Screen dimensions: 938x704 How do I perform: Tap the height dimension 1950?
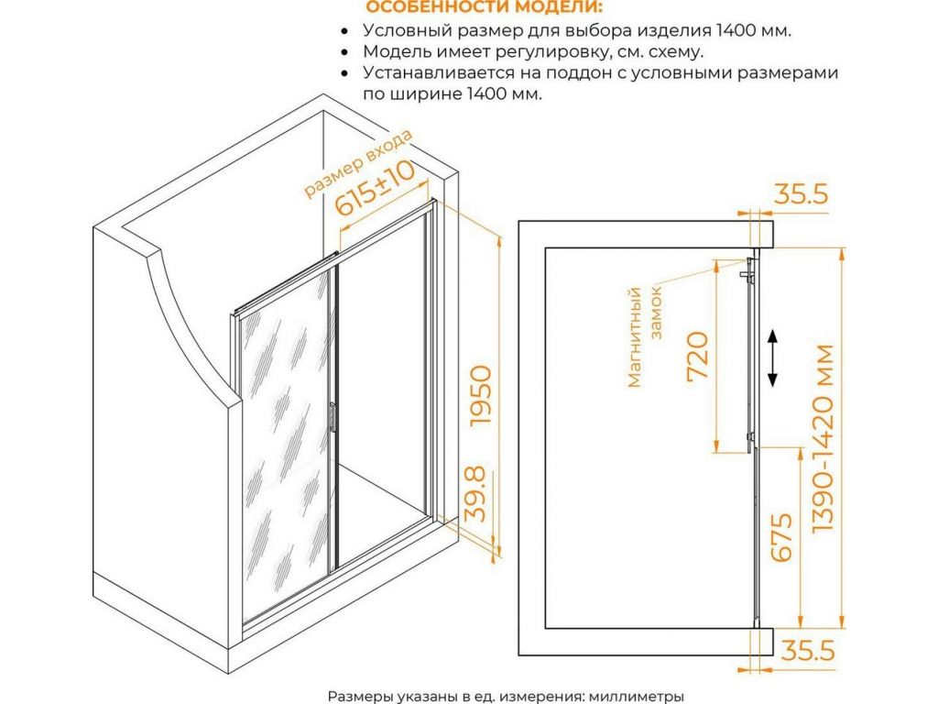(480, 396)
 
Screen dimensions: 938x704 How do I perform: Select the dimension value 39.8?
(476, 495)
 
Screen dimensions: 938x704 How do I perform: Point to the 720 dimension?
(697, 355)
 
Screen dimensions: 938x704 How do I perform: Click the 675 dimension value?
(781, 537)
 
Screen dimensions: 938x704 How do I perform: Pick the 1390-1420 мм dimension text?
(823, 438)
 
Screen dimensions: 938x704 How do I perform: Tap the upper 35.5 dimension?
(802, 194)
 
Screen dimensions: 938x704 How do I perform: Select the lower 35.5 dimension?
(808, 651)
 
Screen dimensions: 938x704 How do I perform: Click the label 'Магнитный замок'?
(644, 337)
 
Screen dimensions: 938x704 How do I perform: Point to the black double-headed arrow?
(772, 357)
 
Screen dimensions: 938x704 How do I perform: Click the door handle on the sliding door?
(333, 417)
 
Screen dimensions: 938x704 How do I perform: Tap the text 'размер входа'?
(358, 164)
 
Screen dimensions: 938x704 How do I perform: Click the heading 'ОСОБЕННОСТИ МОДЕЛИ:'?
(485, 7)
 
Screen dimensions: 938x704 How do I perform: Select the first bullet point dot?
(344, 31)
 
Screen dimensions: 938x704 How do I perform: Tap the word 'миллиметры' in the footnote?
(637, 697)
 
